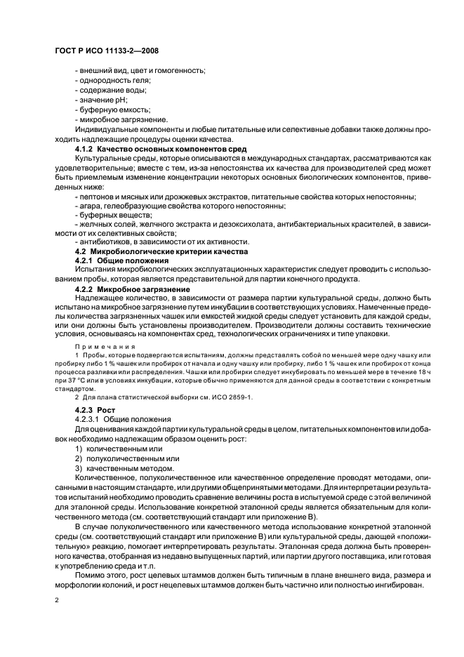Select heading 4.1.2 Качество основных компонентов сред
click(x=157, y=150)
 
